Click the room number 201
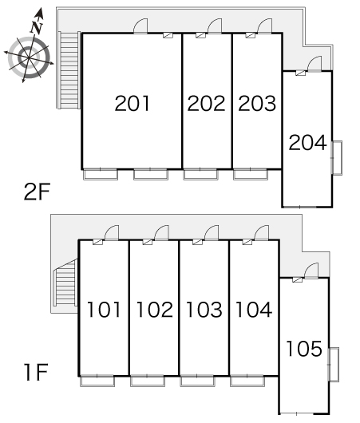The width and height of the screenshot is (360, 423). [x=132, y=103]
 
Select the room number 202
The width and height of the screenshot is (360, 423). [x=206, y=103]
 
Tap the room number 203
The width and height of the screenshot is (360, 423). [x=257, y=103]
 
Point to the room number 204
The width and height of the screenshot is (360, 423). [x=307, y=142]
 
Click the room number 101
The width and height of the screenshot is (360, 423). [x=104, y=310]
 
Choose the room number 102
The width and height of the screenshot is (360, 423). [x=155, y=310]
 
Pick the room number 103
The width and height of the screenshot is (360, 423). [x=204, y=310]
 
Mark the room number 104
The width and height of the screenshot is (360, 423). [x=254, y=310]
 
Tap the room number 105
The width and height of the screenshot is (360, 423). [x=304, y=349]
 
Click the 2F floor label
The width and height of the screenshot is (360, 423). [x=37, y=192]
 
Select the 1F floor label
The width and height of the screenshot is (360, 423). [x=36, y=372]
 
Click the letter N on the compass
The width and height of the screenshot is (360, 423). [x=37, y=27]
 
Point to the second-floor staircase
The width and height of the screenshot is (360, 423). [x=69, y=70]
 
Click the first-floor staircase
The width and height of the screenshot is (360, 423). [x=65, y=283]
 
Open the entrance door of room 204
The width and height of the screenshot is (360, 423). [x=315, y=64]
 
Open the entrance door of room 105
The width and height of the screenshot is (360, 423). [x=311, y=271]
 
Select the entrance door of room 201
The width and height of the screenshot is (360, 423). [x=140, y=26]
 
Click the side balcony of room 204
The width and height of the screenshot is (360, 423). [x=337, y=158]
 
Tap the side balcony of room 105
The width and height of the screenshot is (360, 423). [x=334, y=365]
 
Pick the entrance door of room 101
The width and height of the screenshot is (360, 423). [x=112, y=233]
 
